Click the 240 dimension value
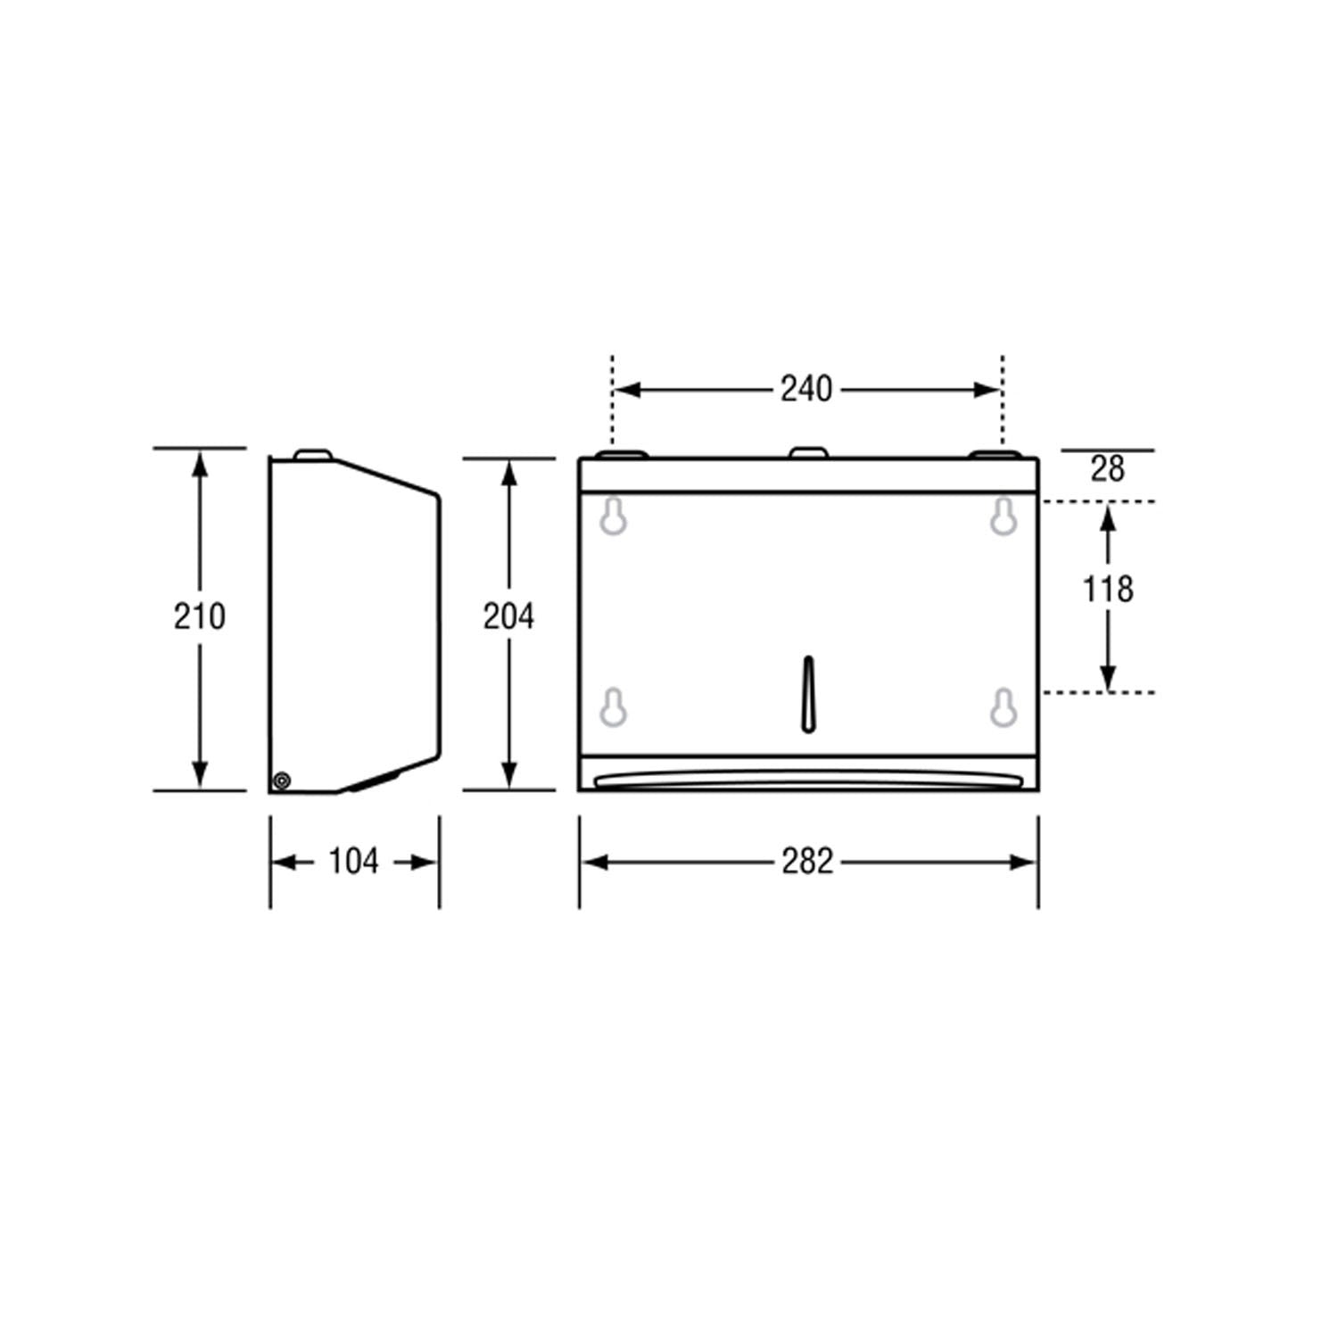[x=806, y=390]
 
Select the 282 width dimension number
[x=807, y=862]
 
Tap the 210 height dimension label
[x=199, y=616]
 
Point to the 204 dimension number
[x=508, y=616]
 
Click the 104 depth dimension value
[x=353, y=862]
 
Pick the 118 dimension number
[x=1107, y=590]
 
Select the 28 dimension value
[x=1107, y=469]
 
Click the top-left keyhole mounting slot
[x=613, y=516]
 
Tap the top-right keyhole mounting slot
[x=1003, y=516]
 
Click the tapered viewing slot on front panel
[x=808, y=695]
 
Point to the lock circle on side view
[x=282, y=781]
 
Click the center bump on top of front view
[x=807, y=453]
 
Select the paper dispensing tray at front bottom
[x=808, y=780]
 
